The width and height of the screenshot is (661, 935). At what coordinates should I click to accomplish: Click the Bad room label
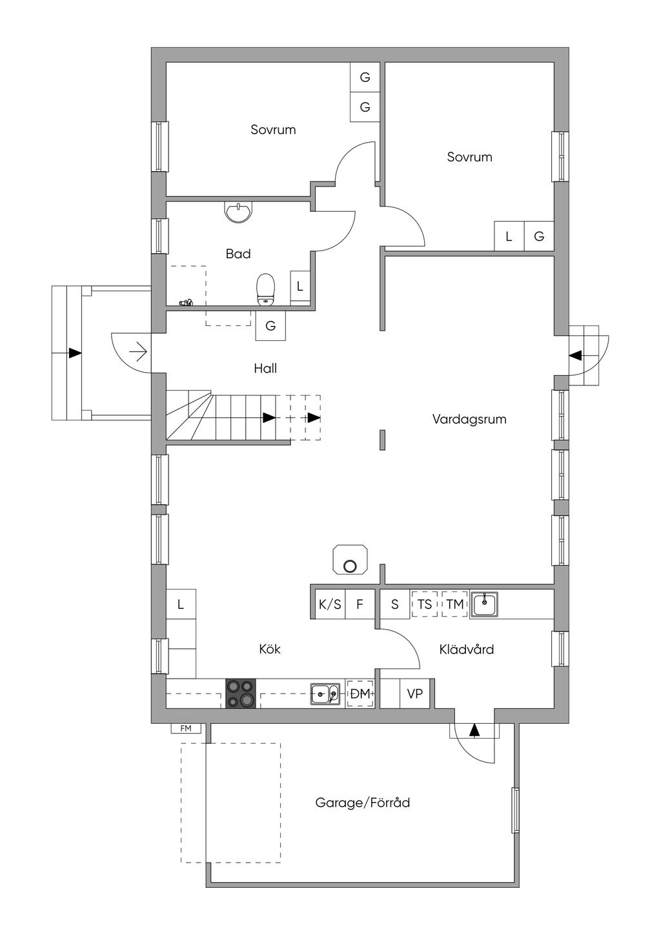[x=238, y=254]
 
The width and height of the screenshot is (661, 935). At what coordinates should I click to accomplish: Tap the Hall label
[x=265, y=368]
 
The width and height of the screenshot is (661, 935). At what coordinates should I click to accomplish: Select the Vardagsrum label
[x=469, y=419]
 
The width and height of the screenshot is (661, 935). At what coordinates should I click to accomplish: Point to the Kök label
[x=270, y=649]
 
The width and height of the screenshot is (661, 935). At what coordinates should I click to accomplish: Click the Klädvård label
[x=467, y=649]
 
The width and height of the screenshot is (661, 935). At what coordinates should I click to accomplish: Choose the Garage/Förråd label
[x=362, y=803]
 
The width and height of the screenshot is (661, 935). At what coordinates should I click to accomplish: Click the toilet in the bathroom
[x=265, y=289]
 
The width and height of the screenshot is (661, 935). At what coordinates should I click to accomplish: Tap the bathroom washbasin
[x=238, y=212]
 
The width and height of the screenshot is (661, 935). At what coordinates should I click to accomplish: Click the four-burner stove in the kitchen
[x=241, y=694]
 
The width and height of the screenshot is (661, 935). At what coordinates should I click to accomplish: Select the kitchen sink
[x=325, y=694]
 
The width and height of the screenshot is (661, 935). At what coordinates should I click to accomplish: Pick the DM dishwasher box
[x=360, y=694]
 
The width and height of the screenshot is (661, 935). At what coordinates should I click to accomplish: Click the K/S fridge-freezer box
[x=330, y=604]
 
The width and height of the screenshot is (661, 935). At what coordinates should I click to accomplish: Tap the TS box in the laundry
[x=424, y=604]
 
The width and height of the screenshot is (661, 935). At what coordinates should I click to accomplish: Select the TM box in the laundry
[x=455, y=604]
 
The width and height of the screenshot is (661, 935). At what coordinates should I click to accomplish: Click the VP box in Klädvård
[x=415, y=694]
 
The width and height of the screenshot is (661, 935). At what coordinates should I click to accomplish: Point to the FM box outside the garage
[x=186, y=728]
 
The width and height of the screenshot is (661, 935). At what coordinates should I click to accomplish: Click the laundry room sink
[x=484, y=604]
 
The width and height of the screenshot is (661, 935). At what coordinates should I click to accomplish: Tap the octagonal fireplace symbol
[x=350, y=559]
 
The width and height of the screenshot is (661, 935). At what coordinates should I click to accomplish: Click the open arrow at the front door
[x=138, y=353]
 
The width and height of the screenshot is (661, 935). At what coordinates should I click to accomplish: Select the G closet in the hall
[x=270, y=325]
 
